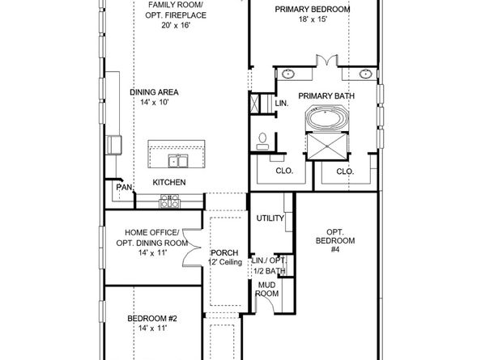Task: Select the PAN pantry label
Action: pyautogui.click(x=124, y=187)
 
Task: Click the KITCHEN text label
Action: pyautogui.click(x=169, y=183)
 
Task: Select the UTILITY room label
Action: pyautogui.click(x=270, y=218)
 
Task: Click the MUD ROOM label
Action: pyautogui.click(x=268, y=289)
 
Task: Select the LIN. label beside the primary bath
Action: pyautogui.click(x=282, y=104)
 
